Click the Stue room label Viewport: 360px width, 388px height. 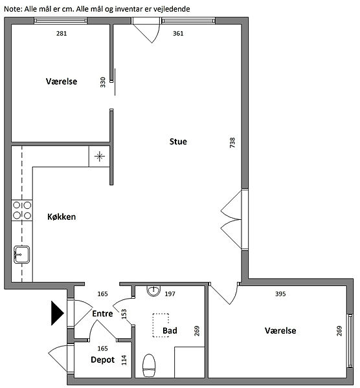tap(178, 142)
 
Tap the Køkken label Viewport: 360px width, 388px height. tap(62, 217)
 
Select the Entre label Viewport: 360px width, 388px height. tap(102, 314)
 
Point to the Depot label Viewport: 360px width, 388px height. tap(102, 360)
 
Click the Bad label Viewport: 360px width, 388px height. tap(170, 330)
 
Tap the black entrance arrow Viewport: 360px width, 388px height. tap(58, 313)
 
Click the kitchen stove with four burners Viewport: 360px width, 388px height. tap(22, 210)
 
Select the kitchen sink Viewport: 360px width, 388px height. tap(22, 255)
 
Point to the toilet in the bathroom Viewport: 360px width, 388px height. tap(149, 366)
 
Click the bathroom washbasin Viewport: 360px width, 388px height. tap(153, 291)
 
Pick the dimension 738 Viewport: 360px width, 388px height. tap(232, 143)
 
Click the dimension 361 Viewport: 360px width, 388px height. tap(178, 34)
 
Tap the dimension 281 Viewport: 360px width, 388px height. tap(62, 34)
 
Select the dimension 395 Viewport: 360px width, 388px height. tap(280, 294)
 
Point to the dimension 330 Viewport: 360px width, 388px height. tap(103, 82)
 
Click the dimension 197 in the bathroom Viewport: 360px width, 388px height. tap(170, 294)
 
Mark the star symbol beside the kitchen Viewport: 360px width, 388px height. tap(99, 156)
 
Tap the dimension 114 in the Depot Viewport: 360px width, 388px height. tap(124, 360)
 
